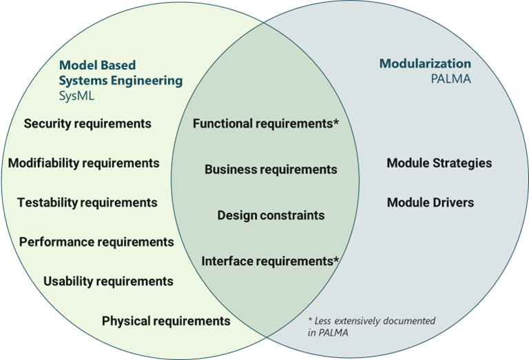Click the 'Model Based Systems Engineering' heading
pos(121,73)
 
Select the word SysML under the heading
pos(76,96)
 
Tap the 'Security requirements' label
pos(87,124)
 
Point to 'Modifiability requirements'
pos(84,163)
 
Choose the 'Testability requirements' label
pos(87,202)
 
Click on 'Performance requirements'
pos(96,242)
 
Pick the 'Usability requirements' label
pos(108,282)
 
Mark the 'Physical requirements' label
pos(166,321)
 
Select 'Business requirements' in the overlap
pos(271,169)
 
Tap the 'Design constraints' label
pos(271,215)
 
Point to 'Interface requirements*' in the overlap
pos(269,262)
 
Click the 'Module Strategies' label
pos(439,163)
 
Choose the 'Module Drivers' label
pos(431,202)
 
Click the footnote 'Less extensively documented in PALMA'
pos(372,326)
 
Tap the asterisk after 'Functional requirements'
pos(337,123)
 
